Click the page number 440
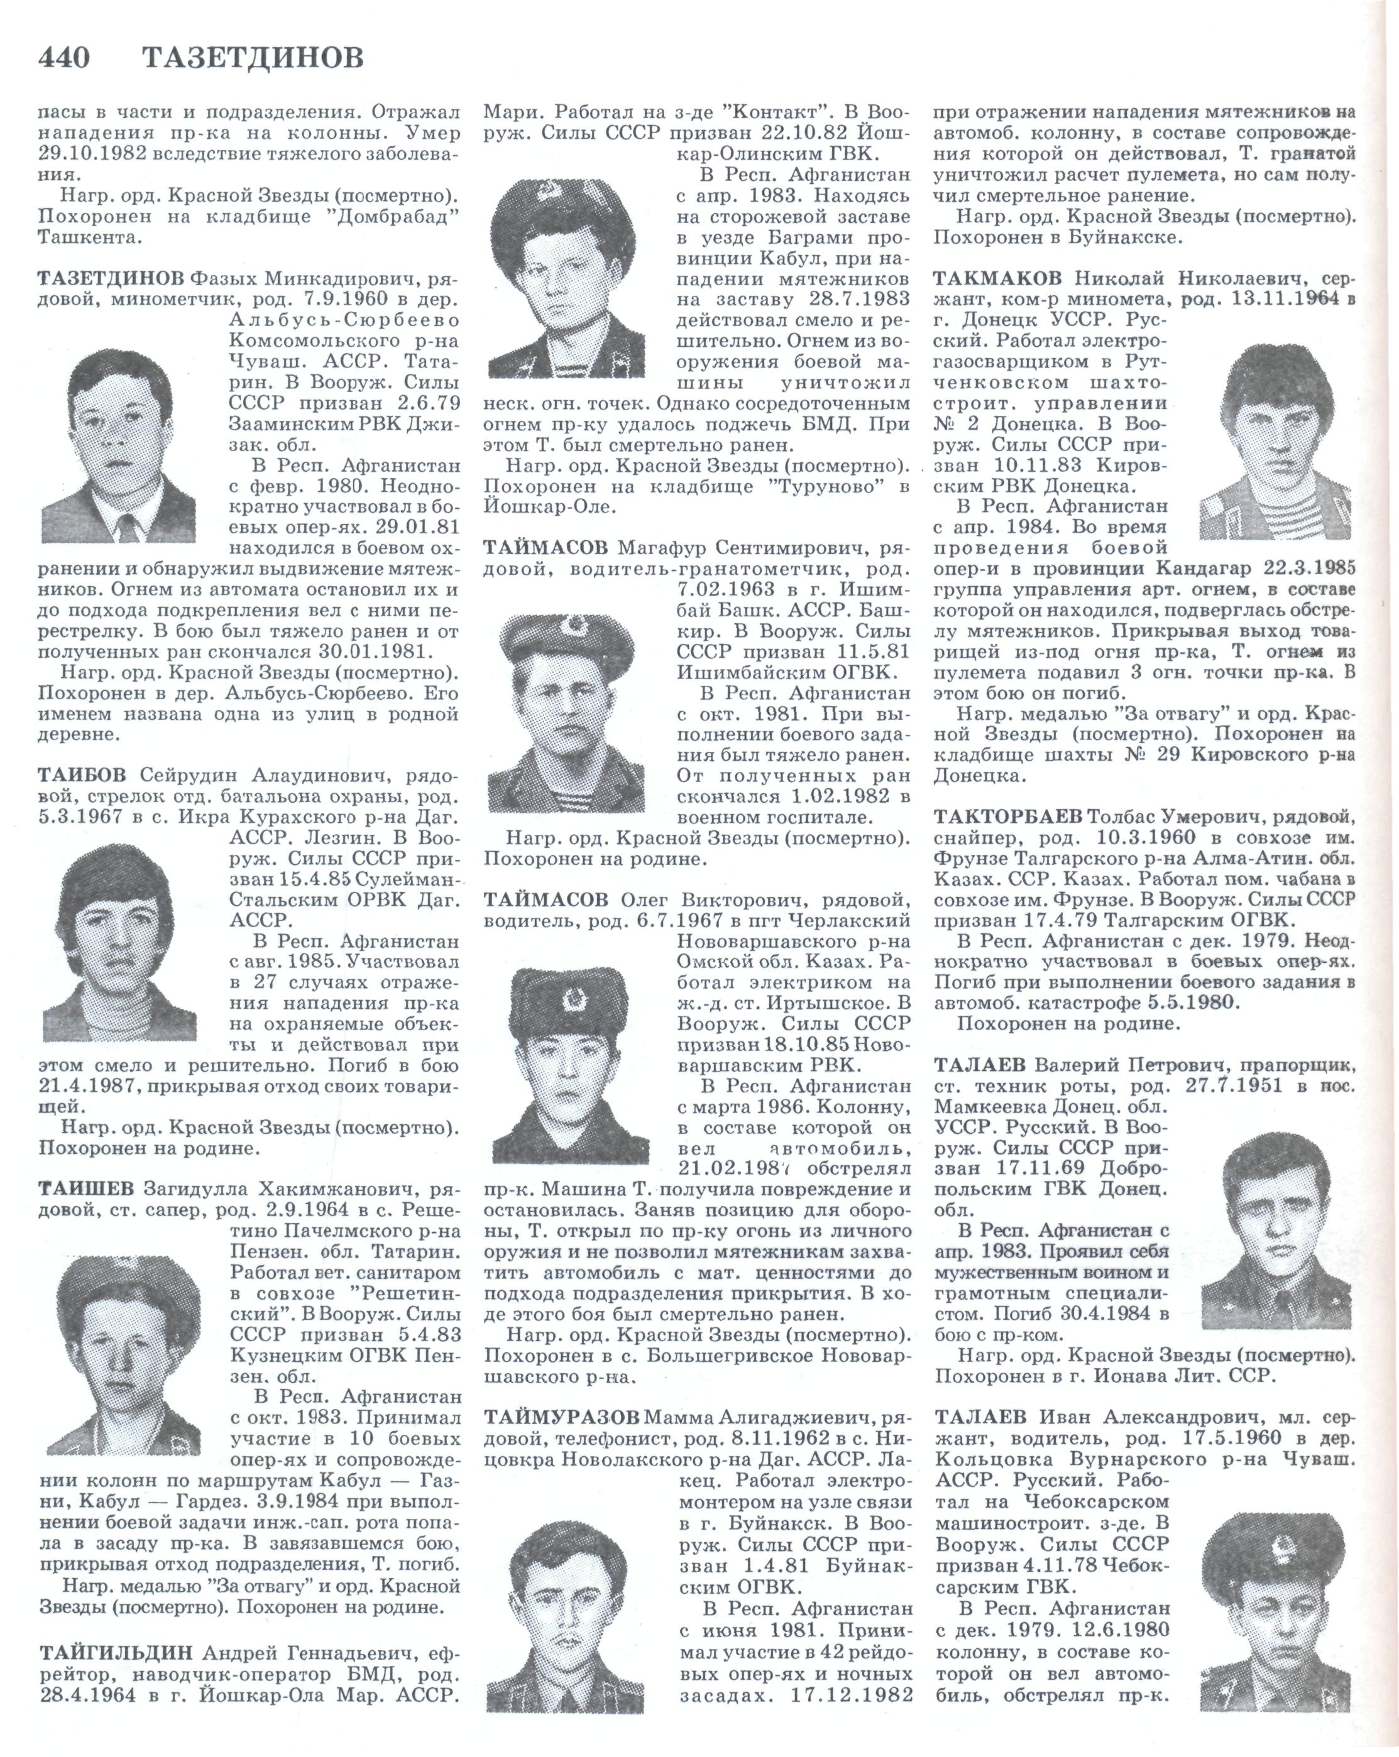(x=64, y=58)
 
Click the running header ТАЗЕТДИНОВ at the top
(x=253, y=58)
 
